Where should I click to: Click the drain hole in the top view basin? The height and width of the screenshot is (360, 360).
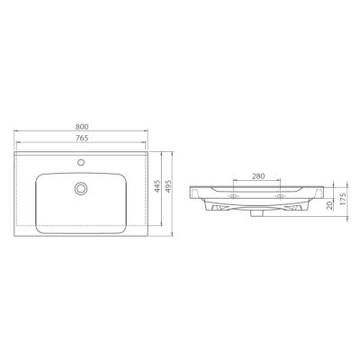click(82, 188)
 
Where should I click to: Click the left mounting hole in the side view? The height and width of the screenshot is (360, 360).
click(235, 195)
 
